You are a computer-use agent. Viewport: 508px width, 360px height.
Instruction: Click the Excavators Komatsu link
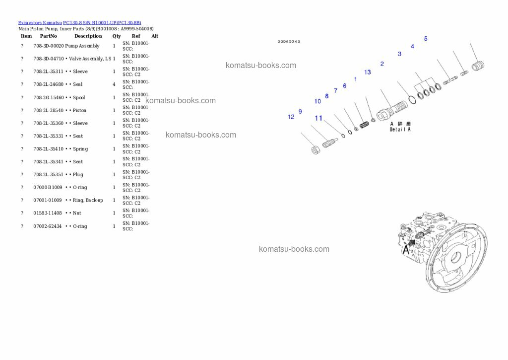(x=40, y=23)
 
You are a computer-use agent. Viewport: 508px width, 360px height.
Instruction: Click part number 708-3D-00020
(x=49, y=46)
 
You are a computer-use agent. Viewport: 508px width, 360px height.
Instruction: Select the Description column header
(x=88, y=36)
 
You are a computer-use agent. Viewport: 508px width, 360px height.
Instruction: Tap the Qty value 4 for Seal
(x=114, y=84)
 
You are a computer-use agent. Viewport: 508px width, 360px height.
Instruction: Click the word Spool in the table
(x=79, y=97)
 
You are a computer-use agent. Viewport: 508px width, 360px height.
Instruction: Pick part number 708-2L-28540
(x=49, y=110)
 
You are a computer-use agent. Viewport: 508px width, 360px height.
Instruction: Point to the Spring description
(x=80, y=149)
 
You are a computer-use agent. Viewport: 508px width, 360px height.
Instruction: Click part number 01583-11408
(x=48, y=213)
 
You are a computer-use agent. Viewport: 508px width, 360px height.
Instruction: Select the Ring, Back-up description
(x=88, y=200)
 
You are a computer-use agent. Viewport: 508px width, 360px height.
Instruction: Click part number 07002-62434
(x=48, y=226)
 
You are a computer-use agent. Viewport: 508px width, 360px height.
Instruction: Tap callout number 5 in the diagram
(x=425, y=39)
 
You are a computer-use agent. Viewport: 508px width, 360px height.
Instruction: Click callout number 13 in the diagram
(x=367, y=72)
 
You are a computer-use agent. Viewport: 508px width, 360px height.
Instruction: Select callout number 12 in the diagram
(x=291, y=117)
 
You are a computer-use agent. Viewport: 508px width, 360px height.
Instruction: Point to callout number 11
(x=318, y=118)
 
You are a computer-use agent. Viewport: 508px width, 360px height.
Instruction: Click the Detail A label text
(x=400, y=129)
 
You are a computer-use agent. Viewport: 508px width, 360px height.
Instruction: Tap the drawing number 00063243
(x=288, y=42)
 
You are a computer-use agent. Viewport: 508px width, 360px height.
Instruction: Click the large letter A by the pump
(x=406, y=250)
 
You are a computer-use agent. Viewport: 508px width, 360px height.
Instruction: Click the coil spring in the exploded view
(x=364, y=124)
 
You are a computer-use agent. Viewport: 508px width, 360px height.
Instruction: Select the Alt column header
(x=155, y=36)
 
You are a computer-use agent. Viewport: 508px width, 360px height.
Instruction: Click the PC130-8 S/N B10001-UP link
(x=102, y=23)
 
